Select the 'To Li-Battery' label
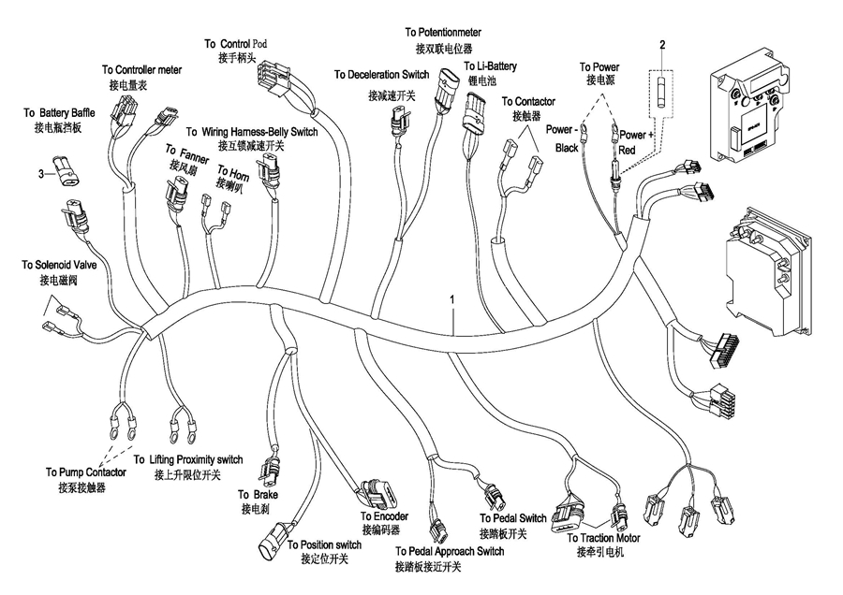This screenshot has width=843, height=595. [490, 67]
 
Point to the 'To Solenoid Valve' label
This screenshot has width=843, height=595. [57, 267]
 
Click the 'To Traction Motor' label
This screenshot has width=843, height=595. [603, 539]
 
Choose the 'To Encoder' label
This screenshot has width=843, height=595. [384, 516]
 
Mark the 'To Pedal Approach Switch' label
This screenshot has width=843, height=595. [450, 552]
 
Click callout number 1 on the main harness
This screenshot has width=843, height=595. [452, 299]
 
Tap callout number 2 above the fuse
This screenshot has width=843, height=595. [661, 45]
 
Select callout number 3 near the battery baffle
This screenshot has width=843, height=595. [40, 173]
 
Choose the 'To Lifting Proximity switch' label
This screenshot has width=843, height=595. [188, 460]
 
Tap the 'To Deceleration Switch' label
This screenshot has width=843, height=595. [381, 75]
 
